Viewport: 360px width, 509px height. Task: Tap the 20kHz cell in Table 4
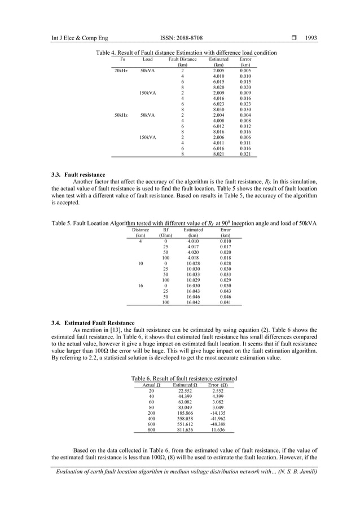click(120, 71)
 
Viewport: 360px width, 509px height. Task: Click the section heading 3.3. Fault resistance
click(78, 174)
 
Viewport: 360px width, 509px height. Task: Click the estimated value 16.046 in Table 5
click(193, 296)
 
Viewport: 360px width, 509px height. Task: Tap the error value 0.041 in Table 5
click(225, 302)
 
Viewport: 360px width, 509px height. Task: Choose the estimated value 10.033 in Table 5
click(193, 274)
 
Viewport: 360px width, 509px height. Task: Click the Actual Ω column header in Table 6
click(151, 385)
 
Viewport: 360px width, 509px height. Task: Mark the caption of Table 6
click(184, 378)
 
